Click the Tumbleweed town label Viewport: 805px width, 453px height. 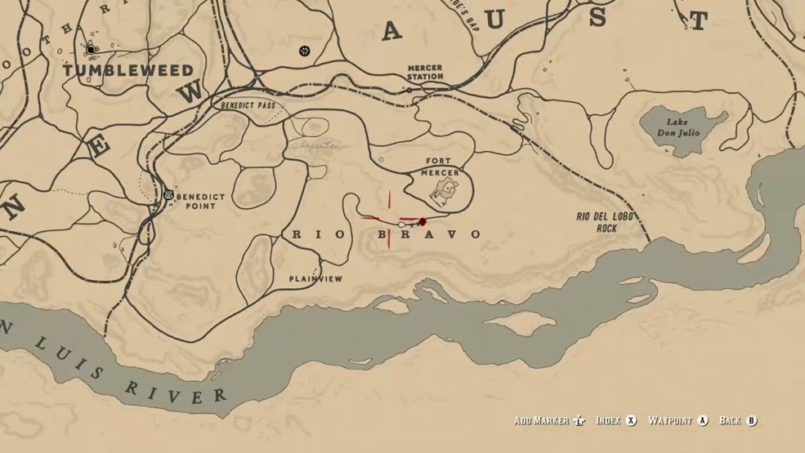point(129,71)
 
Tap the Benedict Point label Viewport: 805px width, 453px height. point(196,201)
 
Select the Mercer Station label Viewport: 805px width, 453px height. point(426,72)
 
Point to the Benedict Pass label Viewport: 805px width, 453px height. point(248,106)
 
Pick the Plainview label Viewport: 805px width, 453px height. point(315,279)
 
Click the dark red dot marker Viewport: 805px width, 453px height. point(423,222)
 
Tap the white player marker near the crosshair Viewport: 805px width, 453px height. point(401,224)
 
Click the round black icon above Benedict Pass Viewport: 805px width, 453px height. point(305,51)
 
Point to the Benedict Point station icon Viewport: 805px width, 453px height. point(168,194)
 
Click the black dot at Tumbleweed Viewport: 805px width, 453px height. point(91,50)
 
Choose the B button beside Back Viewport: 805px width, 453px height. point(751,421)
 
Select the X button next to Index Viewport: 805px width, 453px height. point(631,421)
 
